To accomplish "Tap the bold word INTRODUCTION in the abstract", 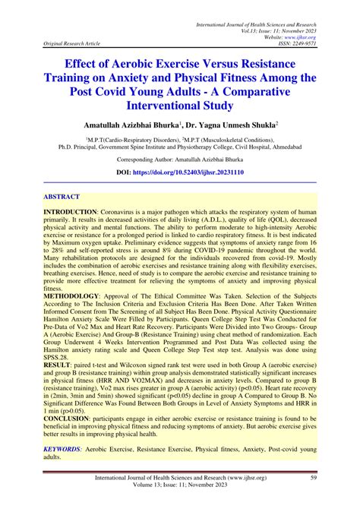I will tap(70, 210).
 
